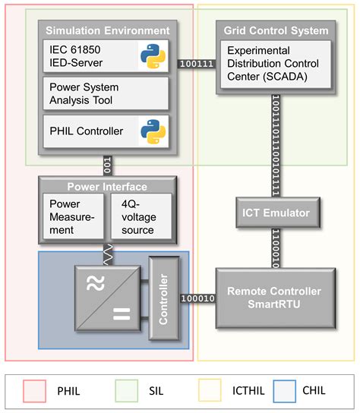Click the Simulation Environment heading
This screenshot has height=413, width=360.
(x=107, y=30)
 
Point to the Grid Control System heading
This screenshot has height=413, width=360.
(x=276, y=30)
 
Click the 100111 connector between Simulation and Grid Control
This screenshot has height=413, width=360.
(x=196, y=65)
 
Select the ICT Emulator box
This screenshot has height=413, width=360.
(x=276, y=213)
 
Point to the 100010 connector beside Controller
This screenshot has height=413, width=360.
(x=197, y=299)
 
